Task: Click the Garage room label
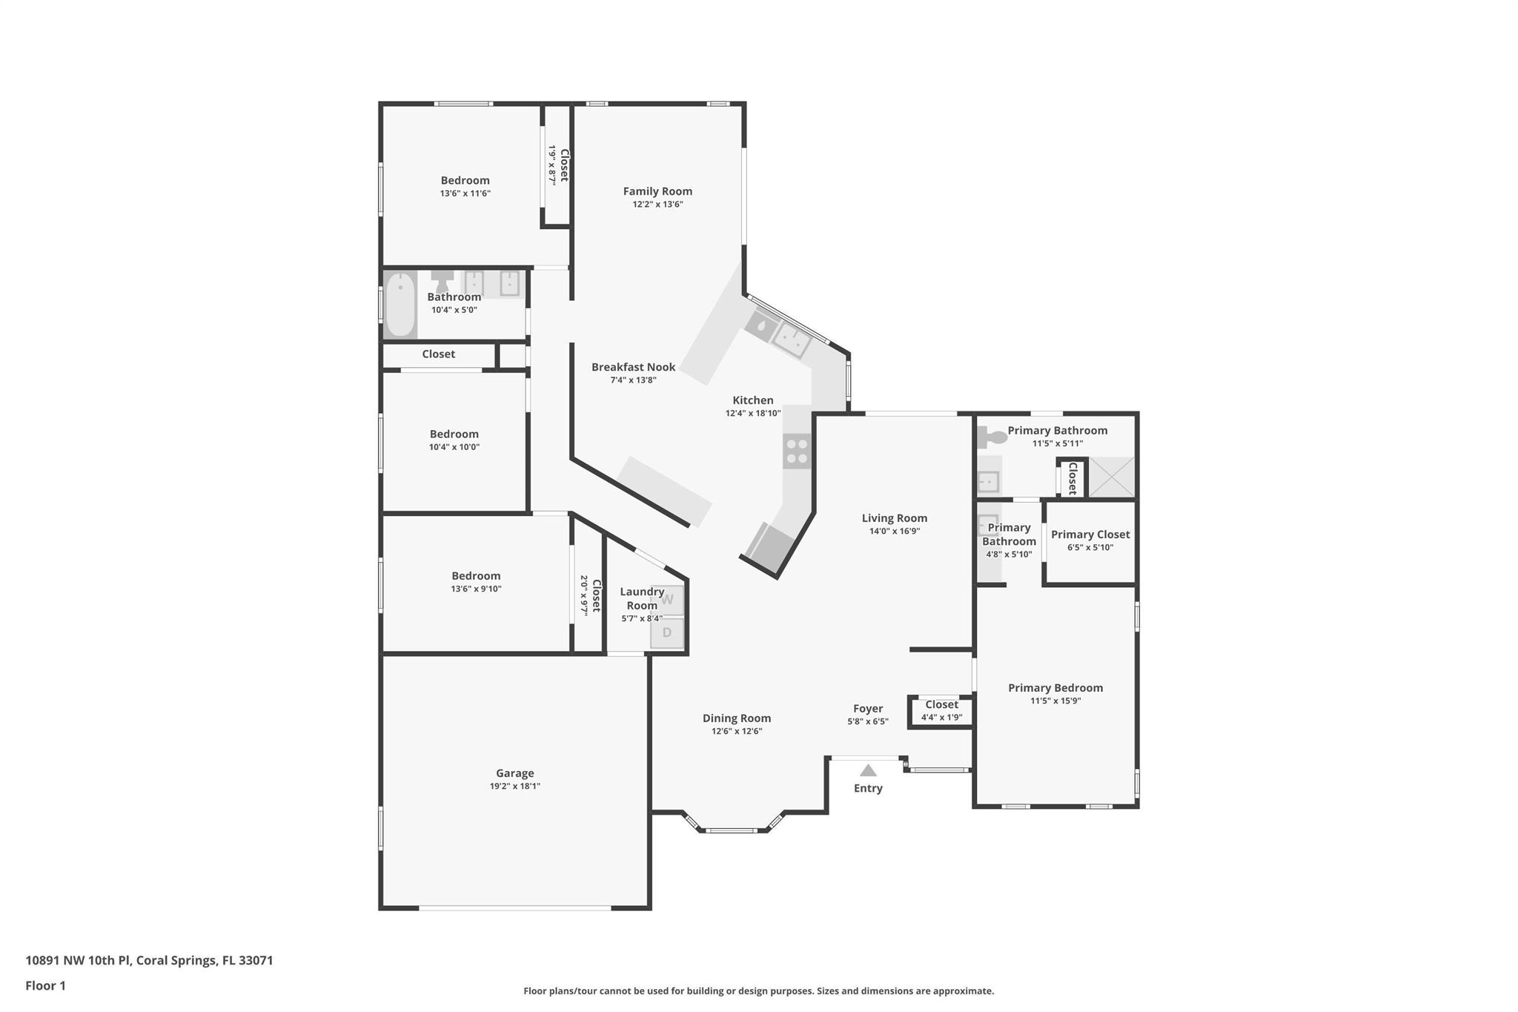click(x=514, y=773)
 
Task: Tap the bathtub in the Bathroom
click(x=400, y=305)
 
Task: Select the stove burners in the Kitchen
click(x=797, y=452)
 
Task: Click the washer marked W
click(x=667, y=600)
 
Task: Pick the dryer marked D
click(x=667, y=633)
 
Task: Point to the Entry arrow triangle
click(x=868, y=770)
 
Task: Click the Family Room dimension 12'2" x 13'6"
click(x=657, y=205)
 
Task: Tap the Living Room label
click(x=895, y=518)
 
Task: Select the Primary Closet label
click(x=1090, y=535)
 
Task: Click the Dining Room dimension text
click(x=737, y=731)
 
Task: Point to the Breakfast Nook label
click(x=634, y=367)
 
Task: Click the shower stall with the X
click(x=1111, y=477)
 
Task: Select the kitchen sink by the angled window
click(x=791, y=341)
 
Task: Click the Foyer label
click(x=868, y=709)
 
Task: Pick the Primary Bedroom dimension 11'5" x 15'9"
click(x=1055, y=701)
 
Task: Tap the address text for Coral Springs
click(x=149, y=960)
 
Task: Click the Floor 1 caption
click(x=45, y=985)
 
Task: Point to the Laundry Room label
click(x=642, y=598)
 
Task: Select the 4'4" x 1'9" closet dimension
click(x=941, y=718)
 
